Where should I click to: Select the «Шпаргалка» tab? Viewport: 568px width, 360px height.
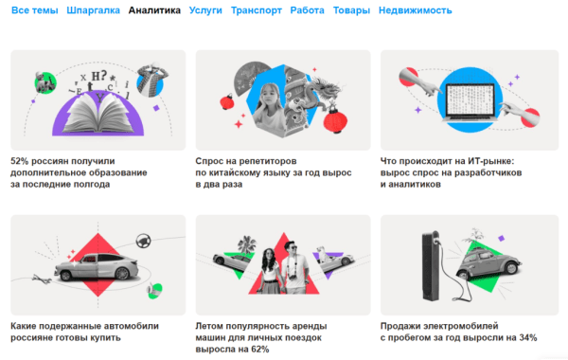pyautogui.click(x=93, y=11)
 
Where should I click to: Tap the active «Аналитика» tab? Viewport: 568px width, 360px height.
pyautogui.click(x=154, y=11)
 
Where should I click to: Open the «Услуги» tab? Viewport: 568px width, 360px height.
pyautogui.click(x=205, y=11)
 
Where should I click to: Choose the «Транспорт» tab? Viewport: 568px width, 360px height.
pyautogui.click(x=257, y=11)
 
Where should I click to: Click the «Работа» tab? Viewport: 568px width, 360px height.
pyautogui.click(x=309, y=11)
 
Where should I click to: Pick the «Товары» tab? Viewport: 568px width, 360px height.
pyautogui.click(x=351, y=11)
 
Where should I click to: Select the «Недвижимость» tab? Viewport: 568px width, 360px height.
pyautogui.click(x=415, y=11)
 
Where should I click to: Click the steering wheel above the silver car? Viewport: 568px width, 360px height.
pyautogui.click(x=144, y=242)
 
